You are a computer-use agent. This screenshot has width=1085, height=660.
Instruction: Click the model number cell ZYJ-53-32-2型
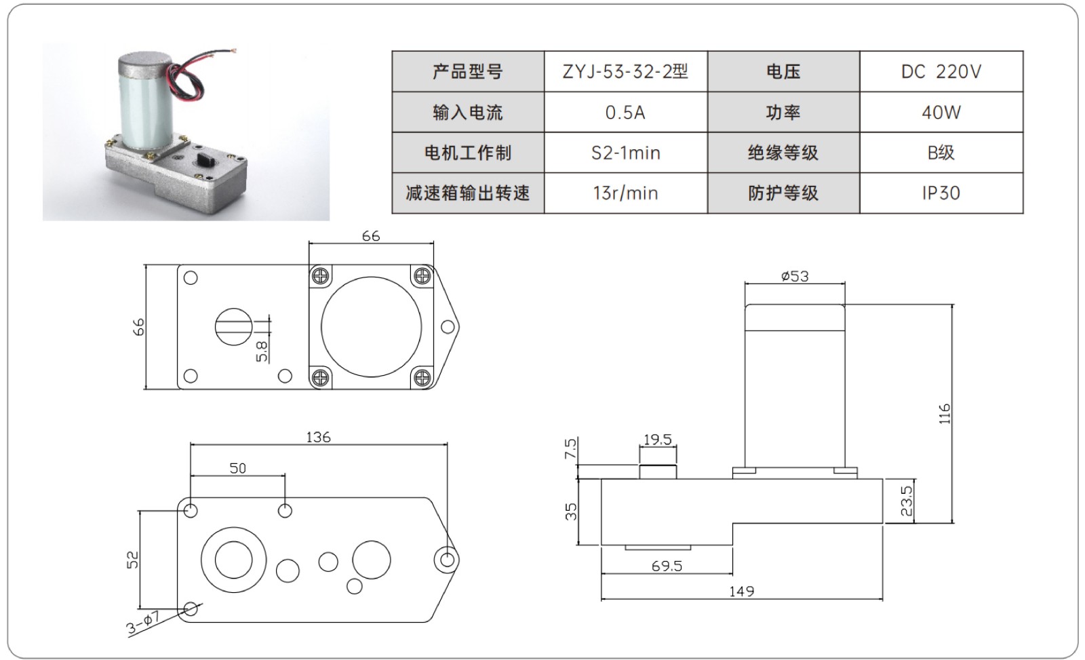(x=625, y=71)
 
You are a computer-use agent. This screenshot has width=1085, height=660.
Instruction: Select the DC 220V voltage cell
(x=941, y=71)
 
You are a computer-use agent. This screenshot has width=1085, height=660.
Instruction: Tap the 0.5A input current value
(x=625, y=112)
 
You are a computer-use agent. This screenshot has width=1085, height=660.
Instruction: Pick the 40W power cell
(x=941, y=112)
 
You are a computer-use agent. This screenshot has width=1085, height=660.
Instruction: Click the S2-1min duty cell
(x=625, y=153)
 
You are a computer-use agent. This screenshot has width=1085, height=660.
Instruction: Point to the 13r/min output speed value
(x=625, y=193)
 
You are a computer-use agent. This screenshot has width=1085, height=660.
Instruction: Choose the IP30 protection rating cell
(x=941, y=193)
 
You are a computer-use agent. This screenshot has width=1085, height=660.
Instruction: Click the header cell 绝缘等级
(x=783, y=153)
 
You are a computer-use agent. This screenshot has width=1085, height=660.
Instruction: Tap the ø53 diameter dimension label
(x=795, y=276)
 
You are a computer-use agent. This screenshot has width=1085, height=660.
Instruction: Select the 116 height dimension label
(x=945, y=414)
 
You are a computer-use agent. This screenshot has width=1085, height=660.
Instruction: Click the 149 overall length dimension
(x=741, y=591)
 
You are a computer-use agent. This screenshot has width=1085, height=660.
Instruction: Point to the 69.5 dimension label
(x=667, y=566)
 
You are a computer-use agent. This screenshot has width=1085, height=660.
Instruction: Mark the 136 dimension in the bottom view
(x=318, y=438)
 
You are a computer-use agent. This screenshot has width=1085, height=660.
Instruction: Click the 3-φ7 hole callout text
(x=142, y=623)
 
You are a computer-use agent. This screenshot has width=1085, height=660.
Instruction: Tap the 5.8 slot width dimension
(x=262, y=350)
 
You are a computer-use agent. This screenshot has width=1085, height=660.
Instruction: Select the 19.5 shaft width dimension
(x=657, y=440)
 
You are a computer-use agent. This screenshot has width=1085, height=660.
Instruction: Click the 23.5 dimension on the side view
(x=907, y=501)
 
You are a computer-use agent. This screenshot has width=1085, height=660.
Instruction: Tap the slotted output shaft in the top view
(x=234, y=326)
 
